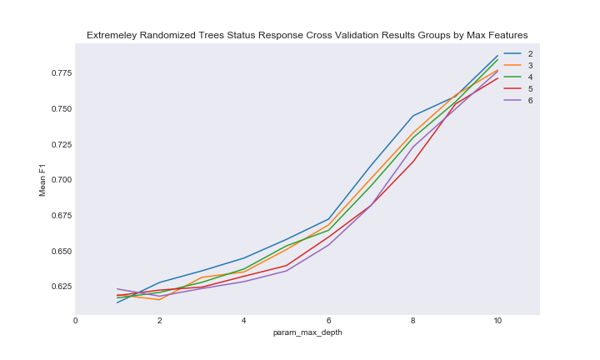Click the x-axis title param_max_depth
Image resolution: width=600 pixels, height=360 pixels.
tap(307, 332)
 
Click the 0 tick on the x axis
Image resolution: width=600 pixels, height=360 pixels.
tap(76, 320)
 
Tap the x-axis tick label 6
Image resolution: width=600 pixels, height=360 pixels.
tap(328, 320)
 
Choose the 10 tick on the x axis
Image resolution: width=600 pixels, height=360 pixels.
tap(497, 320)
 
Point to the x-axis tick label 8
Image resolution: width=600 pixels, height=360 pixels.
tap(413, 320)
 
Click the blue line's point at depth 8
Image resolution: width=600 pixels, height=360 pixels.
tap(413, 116)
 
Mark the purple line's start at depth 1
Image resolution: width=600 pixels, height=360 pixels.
tap(117, 289)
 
